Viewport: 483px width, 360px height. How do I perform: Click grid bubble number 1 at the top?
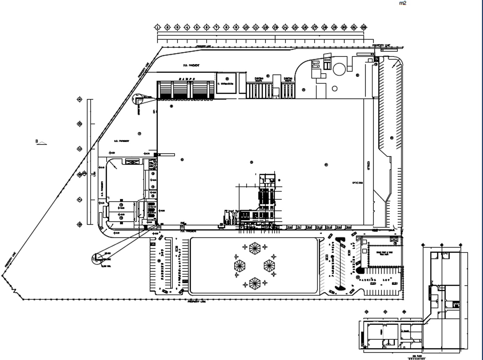point(158,27)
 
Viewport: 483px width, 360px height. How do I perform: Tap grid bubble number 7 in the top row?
point(216,27)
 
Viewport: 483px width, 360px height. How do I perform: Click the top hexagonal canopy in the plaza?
point(255,248)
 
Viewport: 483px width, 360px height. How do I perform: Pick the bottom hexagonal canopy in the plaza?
point(255,283)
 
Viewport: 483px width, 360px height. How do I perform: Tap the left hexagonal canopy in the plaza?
point(240,266)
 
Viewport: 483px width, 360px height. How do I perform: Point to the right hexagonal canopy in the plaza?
point(269,266)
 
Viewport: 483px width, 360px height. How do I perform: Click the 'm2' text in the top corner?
point(402,3)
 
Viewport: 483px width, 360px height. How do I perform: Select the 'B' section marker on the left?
point(36,141)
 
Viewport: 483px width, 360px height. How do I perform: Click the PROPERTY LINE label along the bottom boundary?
point(197,302)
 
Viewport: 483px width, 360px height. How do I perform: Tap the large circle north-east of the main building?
point(339,69)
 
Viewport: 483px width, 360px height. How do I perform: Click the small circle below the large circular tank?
point(334,89)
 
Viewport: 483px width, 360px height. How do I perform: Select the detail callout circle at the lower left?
point(97,258)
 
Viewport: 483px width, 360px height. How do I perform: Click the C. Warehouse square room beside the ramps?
point(226,83)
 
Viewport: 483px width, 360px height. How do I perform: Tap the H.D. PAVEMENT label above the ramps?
point(191,65)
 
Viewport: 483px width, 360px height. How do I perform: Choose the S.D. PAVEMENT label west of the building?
point(122,141)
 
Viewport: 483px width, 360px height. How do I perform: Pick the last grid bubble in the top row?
point(364,27)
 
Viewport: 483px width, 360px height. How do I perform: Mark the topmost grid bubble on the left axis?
point(80,100)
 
